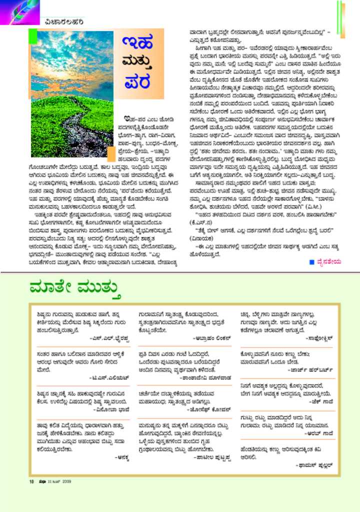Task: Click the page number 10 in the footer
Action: point(31,482)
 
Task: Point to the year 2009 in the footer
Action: point(66,482)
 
